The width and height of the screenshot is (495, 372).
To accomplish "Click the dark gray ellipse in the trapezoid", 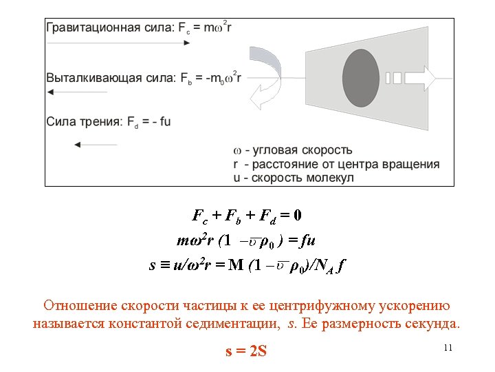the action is [x=361, y=79].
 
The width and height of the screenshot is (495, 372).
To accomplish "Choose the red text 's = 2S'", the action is [x=246, y=352].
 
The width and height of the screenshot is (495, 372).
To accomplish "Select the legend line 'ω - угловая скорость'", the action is [x=293, y=150].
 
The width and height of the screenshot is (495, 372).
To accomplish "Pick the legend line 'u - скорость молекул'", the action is [x=294, y=178].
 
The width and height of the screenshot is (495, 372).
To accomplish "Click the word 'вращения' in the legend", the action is [x=412, y=164].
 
